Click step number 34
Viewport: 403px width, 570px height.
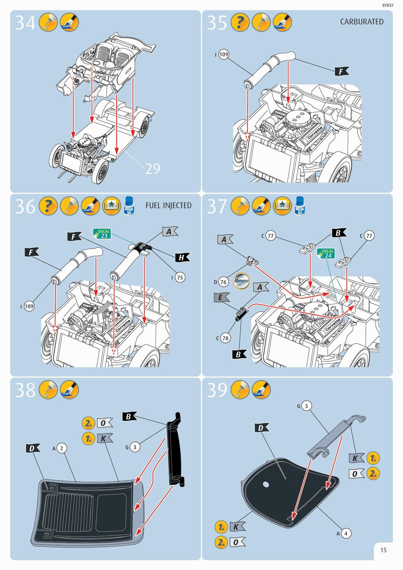click(25, 23)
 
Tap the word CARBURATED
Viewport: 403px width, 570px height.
click(361, 22)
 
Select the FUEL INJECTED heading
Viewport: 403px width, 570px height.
click(168, 205)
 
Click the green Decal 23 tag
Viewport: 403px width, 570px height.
click(102, 234)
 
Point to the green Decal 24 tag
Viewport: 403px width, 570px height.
click(326, 253)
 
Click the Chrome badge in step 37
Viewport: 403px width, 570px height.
click(241, 280)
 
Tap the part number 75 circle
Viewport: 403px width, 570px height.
click(180, 277)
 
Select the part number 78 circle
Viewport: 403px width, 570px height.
click(225, 338)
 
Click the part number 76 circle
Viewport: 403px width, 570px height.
click(223, 282)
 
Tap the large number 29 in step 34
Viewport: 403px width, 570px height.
click(152, 169)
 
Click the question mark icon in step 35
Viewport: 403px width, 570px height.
click(240, 22)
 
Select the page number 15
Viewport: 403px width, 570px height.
click(383, 550)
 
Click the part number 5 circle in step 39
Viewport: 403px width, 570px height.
click(306, 406)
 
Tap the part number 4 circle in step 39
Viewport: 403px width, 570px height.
click(346, 533)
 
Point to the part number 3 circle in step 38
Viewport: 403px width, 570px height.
click(135, 447)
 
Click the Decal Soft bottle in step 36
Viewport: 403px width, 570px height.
click(129, 206)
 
